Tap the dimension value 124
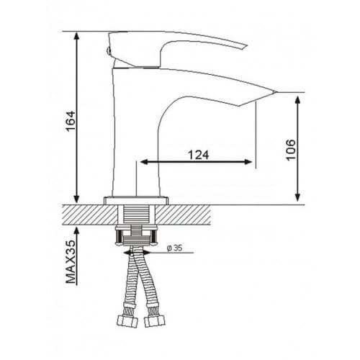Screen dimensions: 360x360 (x=198, y=155)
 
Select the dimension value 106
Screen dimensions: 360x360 (x=291, y=150)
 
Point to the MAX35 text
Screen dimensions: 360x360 (x=71, y=262)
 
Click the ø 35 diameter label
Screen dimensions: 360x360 (x=175, y=248)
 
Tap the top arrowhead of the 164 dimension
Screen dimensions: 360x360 (x=76, y=35)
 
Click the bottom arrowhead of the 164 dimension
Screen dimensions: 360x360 (x=76, y=199)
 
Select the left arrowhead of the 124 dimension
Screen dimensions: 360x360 (x=144, y=162)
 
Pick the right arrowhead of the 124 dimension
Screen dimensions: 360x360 (x=248, y=162)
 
